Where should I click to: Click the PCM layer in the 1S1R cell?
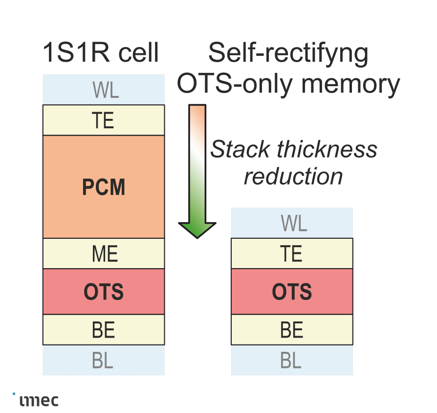coord(104,187)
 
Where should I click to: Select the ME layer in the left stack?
coord(104,253)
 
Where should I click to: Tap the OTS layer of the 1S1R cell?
coord(104,292)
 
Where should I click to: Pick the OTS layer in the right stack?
coord(292,292)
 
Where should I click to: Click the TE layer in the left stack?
coord(104,120)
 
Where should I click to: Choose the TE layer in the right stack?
coord(292,253)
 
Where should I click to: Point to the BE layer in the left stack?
coord(104,330)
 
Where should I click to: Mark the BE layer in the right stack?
coord(292,330)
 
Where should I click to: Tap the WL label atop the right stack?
coord(293,223)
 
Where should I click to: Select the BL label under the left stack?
coord(103,361)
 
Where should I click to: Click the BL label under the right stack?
coord(291,361)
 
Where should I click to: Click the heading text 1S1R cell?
coord(101,53)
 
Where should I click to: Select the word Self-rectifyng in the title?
coord(288,54)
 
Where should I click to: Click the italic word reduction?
coord(293,176)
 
